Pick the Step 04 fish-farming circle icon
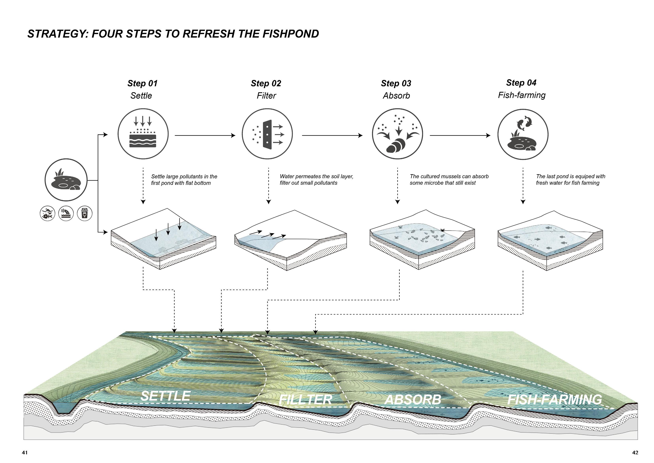click(523, 134)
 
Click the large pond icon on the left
click(66, 180)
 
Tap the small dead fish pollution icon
click(47, 213)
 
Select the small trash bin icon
click(85, 213)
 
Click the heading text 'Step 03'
click(396, 83)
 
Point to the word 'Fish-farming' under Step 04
click(522, 95)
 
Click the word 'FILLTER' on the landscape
click(305, 399)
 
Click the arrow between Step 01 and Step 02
click(205, 136)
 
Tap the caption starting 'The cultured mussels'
click(449, 179)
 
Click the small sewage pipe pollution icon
click(66, 213)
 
